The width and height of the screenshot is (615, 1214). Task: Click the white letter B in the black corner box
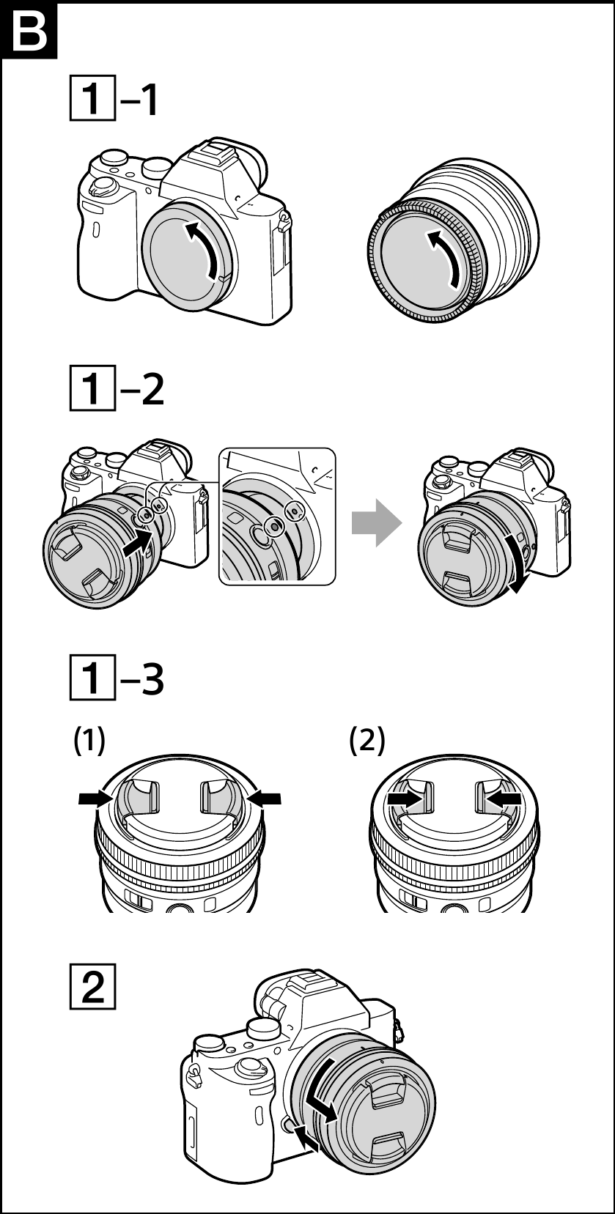coord(29,29)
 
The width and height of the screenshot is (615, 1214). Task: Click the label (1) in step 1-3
coord(89,741)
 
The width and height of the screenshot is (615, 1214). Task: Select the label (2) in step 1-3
coord(367,741)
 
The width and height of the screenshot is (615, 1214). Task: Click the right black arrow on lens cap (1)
coord(265,799)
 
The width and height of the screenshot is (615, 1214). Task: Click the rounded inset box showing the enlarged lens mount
coord(277,517)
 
